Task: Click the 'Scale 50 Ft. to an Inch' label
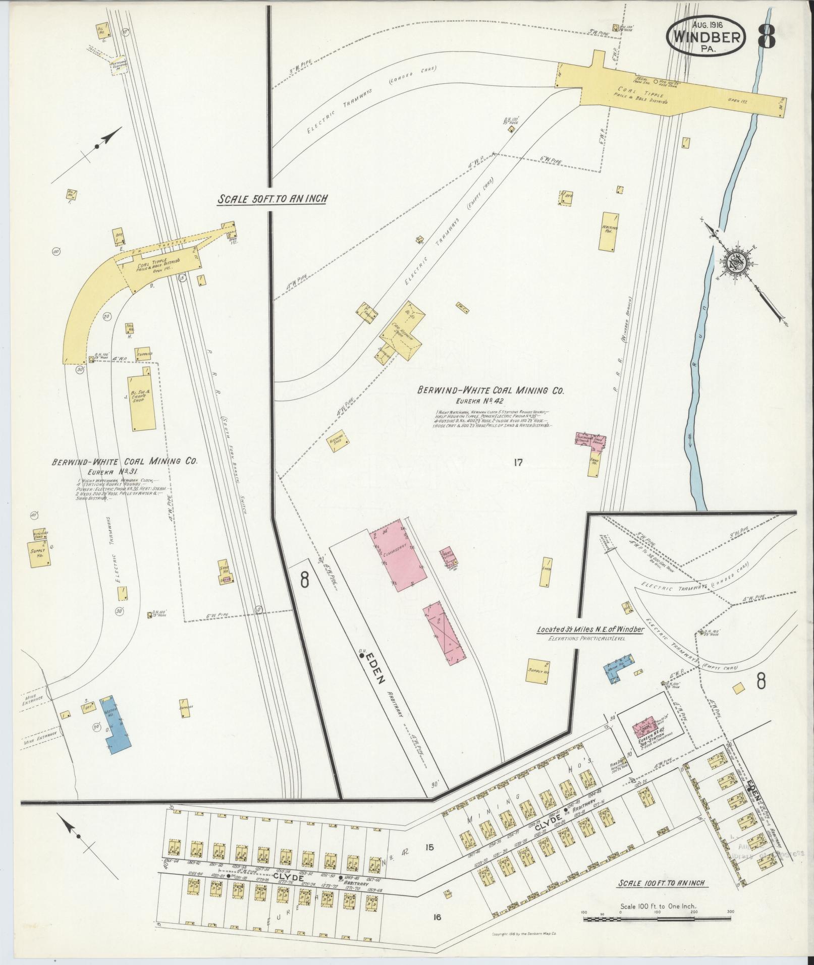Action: coord(272,199)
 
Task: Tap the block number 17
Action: coord(518,462)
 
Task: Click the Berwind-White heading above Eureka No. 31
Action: coord(124,461)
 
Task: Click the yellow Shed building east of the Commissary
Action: coord(546,572)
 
